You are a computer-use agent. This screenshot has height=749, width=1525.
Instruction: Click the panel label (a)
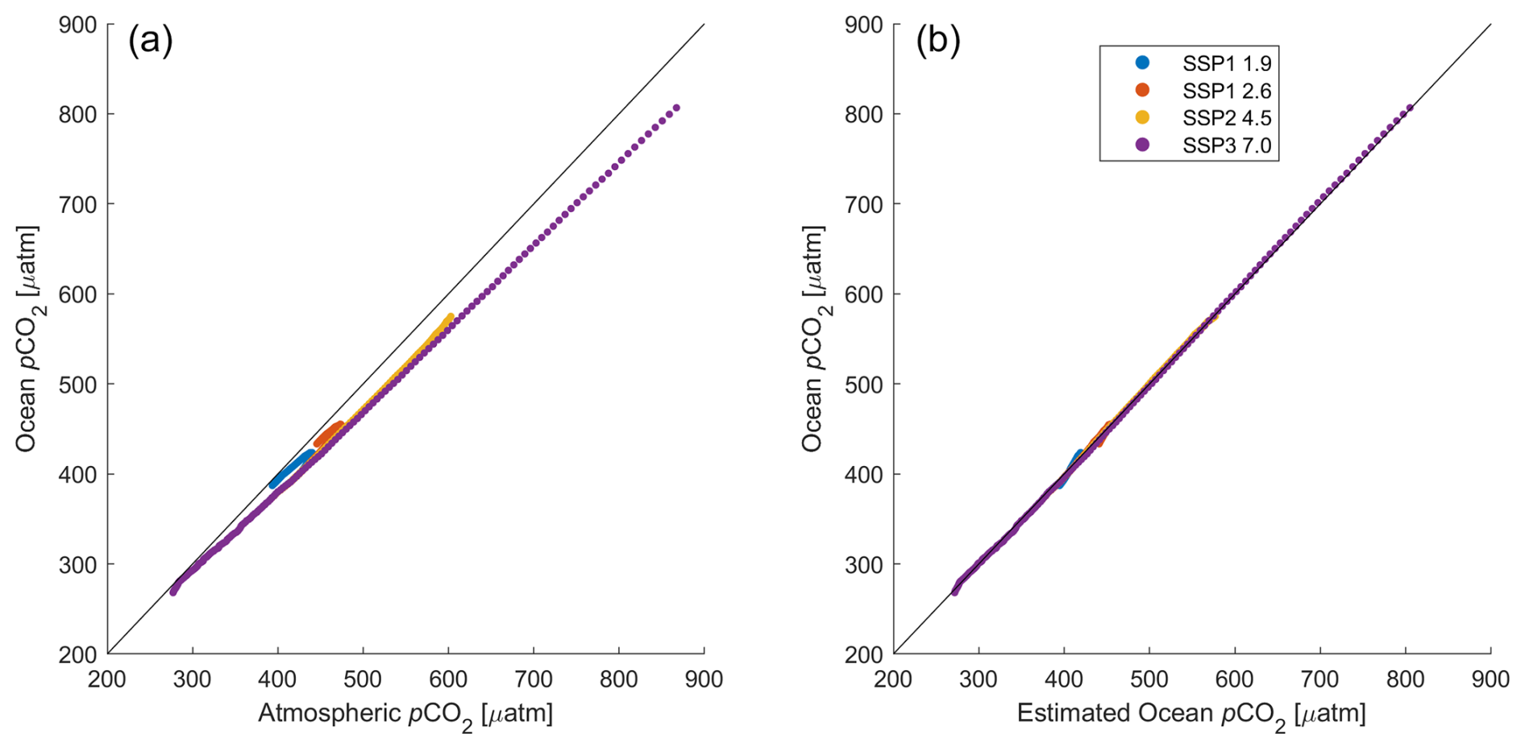coord(151,41)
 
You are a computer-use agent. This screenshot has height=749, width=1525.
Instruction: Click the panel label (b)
coord(937,41)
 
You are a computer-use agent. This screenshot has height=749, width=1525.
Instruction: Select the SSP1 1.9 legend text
coord(1227,64)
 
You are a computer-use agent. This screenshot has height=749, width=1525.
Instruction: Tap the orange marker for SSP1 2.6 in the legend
coord(1142,90)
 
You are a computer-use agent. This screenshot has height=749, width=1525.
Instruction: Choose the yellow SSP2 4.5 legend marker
coord(1142,118)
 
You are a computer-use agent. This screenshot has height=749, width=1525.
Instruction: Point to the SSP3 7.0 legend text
coord(1227,146)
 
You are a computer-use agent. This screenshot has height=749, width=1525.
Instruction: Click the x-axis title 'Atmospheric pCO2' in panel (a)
coord(405,714)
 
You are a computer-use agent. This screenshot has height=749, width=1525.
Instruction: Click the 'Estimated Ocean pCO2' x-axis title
coord(1191,714)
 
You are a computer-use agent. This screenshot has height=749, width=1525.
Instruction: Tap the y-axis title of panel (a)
coord(27,339)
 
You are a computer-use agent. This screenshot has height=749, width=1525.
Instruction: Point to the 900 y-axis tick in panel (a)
coord(78,25)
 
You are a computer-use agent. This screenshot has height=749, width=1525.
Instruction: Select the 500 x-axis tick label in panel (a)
coord(363,680)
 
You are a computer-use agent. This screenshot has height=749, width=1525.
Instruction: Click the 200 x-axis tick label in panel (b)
coord(893,680)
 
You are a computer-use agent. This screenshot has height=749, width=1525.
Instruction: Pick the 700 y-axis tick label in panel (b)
coord(865,205)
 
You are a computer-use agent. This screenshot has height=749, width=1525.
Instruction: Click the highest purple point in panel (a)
coord(677,107)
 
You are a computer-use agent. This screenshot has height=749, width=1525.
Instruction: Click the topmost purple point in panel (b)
coord(1410,107)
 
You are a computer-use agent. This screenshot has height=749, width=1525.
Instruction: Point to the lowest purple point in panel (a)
coord(172,593)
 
